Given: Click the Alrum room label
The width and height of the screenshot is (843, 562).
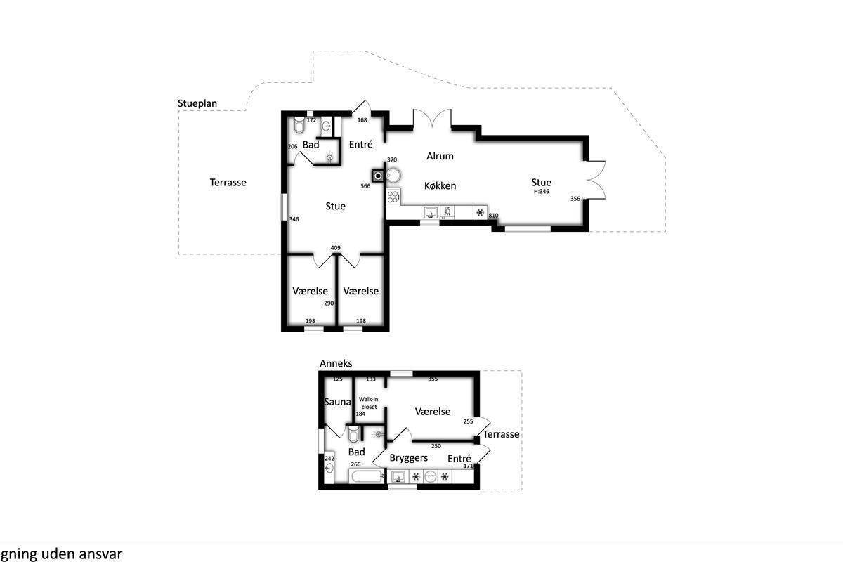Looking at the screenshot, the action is (440, 156).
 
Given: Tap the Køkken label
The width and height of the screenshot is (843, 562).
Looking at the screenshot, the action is (440, 185).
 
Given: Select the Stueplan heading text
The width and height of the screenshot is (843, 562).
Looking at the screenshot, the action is (197, 103).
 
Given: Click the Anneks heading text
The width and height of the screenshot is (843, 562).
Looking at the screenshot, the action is (336, 363).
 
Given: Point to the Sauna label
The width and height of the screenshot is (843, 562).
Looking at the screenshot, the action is (337, 402).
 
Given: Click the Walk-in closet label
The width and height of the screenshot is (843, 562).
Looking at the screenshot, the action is (368, 403).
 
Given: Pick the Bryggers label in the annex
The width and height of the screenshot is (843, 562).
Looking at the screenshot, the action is (408, 458).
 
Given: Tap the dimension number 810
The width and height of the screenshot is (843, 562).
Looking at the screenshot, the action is (493, 216).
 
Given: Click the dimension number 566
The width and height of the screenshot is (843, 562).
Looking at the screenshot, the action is (365, 186).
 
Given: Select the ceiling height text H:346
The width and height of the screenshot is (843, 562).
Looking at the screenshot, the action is (542, 191).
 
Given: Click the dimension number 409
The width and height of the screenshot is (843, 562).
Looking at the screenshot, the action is (335, 248).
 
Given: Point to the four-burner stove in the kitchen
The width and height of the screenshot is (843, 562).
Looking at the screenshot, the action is (393, 197).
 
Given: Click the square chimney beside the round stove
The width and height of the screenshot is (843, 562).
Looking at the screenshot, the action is (378, 176).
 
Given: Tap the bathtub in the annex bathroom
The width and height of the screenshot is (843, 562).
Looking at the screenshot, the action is (367, 476).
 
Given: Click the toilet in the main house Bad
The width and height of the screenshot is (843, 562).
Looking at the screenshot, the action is (299, 124).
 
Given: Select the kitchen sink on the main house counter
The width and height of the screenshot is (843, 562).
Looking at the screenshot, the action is (431, 213).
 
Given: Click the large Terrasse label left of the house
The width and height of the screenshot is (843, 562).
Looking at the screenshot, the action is (228, 183).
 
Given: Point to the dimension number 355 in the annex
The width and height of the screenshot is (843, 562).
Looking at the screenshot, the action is (433, 379).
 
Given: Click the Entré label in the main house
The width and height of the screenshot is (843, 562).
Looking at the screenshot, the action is (360, 144).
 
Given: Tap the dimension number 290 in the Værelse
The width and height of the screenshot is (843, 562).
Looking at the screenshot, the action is (329, 303).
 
